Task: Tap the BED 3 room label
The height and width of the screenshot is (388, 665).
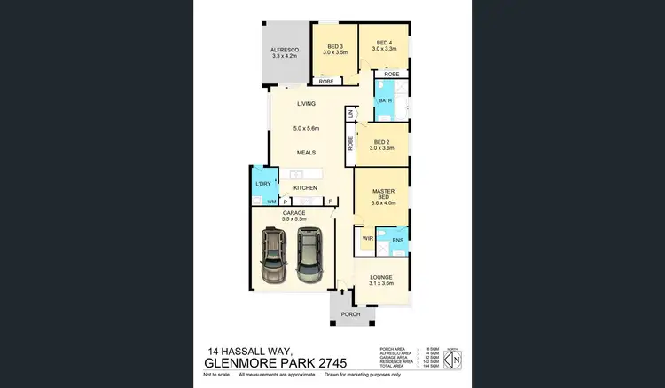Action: [334, 47]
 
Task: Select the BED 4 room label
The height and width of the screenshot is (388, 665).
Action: [384, 42]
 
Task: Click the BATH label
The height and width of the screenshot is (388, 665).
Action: [385, 101]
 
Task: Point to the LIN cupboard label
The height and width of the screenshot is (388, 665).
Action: [351, 114]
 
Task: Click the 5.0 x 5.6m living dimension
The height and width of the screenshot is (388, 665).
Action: [306, 131]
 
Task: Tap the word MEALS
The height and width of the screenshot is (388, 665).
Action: [306, 152]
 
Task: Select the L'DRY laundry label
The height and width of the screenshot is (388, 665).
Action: [262, 184]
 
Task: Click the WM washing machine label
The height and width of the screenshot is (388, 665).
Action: [260, 202]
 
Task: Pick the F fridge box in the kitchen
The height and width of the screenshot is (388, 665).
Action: [330, 202]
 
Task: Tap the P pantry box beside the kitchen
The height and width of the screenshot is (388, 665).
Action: [286, 202]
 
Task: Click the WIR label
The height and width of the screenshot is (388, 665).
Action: [367, 240]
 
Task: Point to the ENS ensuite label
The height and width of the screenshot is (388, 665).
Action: [396, 240]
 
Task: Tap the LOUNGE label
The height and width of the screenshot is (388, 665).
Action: [381, 278]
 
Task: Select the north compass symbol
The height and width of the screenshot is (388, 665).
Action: [454, 360]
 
